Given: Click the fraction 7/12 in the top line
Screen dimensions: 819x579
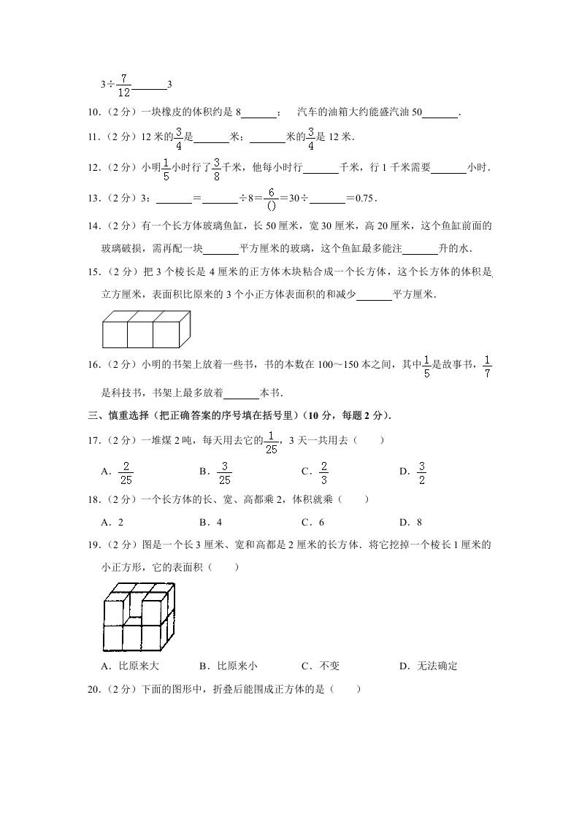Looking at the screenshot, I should (x=123, y=85).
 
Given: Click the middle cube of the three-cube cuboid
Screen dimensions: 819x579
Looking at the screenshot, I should (x=140, y=334).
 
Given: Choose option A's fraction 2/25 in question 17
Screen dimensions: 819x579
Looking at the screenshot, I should (x=126, y=472).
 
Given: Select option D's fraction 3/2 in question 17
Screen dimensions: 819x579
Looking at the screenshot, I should (x=422, y=472).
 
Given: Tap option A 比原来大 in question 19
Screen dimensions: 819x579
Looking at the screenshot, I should (x=131, y=666).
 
